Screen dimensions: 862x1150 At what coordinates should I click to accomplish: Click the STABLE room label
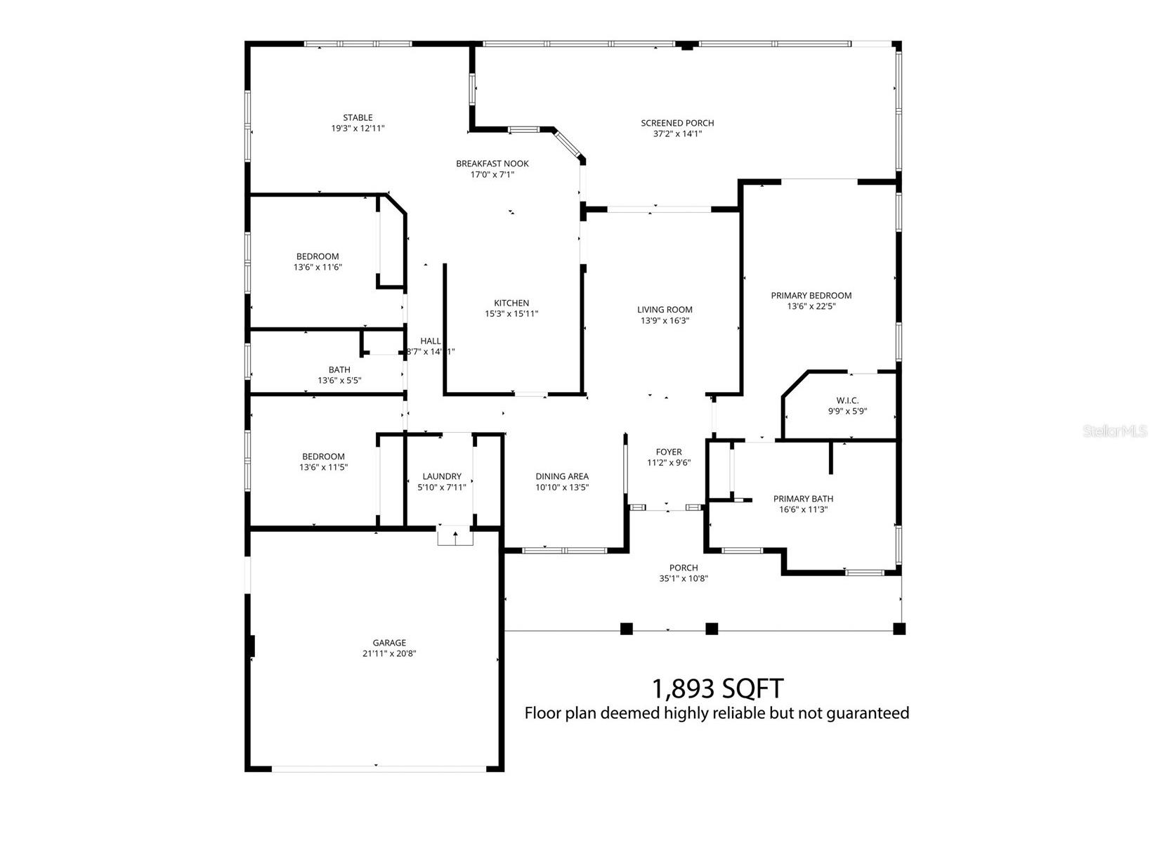358,118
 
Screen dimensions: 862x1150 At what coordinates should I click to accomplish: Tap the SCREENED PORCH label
677,124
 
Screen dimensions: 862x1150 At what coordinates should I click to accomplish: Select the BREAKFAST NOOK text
492,164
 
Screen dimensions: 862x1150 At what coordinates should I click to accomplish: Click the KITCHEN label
511,303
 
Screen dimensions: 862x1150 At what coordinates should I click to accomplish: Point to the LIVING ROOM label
665,310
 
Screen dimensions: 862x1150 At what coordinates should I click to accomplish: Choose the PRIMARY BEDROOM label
811,296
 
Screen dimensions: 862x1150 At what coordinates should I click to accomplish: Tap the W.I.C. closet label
847,400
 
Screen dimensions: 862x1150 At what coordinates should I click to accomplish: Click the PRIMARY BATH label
803,499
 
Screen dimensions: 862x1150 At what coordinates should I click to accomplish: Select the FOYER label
669,452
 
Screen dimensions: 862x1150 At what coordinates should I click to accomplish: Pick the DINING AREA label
562,476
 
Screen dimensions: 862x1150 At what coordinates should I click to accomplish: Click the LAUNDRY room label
442,476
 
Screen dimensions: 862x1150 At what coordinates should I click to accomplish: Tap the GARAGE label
389,643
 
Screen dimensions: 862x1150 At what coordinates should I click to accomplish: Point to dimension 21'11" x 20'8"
389,653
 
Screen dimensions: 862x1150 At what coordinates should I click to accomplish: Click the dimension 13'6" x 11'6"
318,267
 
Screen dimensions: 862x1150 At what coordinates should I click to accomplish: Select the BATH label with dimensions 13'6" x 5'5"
339,370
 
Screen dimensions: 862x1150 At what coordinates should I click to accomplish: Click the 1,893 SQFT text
717,688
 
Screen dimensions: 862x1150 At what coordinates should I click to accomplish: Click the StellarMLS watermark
1115,431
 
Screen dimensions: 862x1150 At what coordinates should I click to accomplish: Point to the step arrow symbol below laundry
455,537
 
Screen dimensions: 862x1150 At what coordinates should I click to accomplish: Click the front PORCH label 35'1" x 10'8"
684,568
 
